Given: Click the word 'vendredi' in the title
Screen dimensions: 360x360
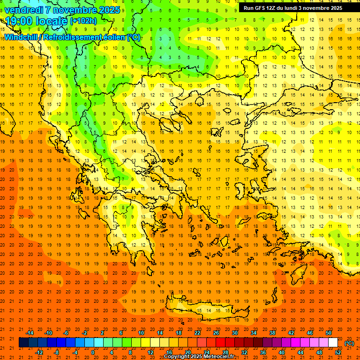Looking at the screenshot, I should click(23, 10).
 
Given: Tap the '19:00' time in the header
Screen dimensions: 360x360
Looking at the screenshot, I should click(18, 21).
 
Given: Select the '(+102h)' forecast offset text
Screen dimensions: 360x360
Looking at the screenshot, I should click(83, 21).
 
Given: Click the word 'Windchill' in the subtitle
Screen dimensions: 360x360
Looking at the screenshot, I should click(23, 37).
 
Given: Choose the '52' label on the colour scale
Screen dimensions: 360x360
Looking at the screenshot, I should click(338, 352).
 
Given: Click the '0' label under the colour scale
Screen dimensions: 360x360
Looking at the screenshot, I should click(92, 352).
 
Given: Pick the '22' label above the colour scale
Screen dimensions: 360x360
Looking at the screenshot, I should click(197, 333).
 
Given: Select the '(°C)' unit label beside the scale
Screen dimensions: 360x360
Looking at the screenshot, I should click(349, 343).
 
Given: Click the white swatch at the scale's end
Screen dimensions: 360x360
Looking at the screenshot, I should click(333, 343).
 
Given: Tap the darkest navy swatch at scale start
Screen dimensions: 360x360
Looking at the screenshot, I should click(23, 343).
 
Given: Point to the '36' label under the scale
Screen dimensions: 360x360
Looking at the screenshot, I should click(263, 352).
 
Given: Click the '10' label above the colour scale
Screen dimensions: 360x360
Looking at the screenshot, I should click(141, 333).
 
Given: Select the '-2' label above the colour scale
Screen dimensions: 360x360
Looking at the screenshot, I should click(85, 333).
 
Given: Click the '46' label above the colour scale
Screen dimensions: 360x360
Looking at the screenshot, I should click(310, 333).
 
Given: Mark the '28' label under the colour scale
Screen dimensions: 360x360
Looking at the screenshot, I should click(225, 352).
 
